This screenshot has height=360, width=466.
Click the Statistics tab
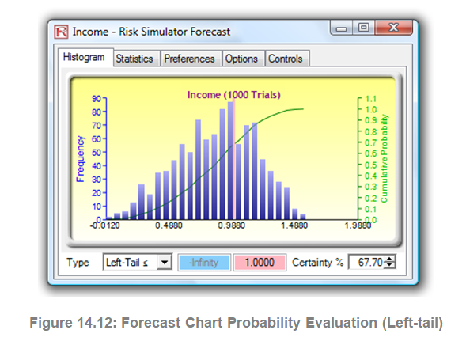(134, 59)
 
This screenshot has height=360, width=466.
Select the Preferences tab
(189, 59)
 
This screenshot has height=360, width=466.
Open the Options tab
(241, 59)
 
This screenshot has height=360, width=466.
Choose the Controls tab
(286, 59)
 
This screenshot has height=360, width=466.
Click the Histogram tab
(84, 57)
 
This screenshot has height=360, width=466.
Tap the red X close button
(394, 28)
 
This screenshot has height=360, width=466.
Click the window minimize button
(342, 28)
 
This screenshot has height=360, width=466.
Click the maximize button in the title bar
(364, 28)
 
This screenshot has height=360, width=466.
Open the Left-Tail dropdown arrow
(165, 262)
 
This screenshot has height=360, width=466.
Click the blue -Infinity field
(204, 262)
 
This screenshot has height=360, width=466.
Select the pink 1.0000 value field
(260, 262)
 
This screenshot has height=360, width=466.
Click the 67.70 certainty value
(370, 262)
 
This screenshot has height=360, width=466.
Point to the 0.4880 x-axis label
(169, 225)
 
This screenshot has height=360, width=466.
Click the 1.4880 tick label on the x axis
(294, 225)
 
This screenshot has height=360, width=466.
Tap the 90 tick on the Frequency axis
(97, 98)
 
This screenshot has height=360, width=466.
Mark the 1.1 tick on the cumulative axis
(371, 99)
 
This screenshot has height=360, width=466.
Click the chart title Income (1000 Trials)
(234, 94)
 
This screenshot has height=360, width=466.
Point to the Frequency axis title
(81, 159)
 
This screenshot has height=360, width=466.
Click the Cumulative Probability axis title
(385, 158)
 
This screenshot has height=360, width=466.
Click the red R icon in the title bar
(61, 32)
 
